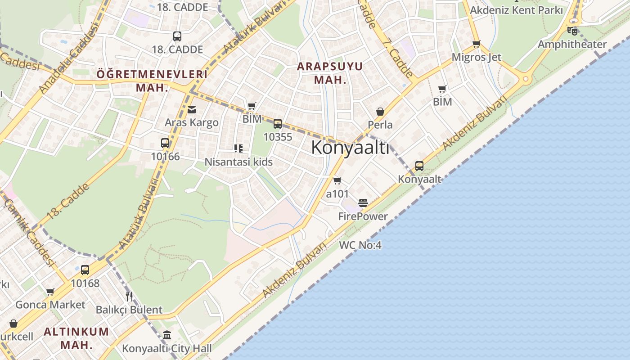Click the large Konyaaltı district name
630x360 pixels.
pyautogui.click(x=350, y=147)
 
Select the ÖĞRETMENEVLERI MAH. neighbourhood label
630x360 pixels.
pyautogui.click(x=152, y=81)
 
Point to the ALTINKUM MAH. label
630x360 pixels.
pyautogui.click(x=76, y=338)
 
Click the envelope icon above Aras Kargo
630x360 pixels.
pyautogui.click(x=192, y=109)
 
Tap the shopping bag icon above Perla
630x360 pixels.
pyautogui.click(x=380, y=112)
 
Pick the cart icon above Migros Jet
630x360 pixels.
pyautogui.click(x=476, y=44)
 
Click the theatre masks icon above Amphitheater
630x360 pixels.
pyautogui.click(x=572, y=31)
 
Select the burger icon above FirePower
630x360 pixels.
pyautogui.click(x=363, y=203)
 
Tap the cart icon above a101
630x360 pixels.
pyautogui.click(x=337, y=181)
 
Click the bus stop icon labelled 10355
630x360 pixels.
pyautogui.click(x=278, y=124)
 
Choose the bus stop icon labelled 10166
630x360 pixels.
pyautogui.click(x=165, y=143)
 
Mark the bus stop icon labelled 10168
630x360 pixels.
pyautogui.click(x=85, y=270)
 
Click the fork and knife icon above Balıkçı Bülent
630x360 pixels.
pyautogui.click(x=129, y=296)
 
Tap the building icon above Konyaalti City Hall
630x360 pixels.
pyautogui.click(x=167, y=335)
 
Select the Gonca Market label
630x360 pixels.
pyautogui.click(x=50, y=305)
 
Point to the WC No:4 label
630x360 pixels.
pyautogui.click(x=360, y=245)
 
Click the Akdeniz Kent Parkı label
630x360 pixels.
pyautogui.click(x=516, y=10)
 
